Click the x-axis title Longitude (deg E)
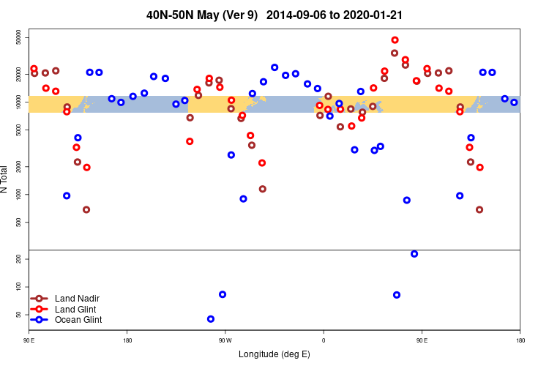pyautogui.click(x=274, y=354)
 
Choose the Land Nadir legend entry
pyautogui.click(x=77, y=299)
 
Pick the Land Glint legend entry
pyautogui.click(x=75, y=310)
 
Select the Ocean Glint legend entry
pyautogui.click(x=78, y=320)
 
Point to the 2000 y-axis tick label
pyautogui.click(x=20, y=167)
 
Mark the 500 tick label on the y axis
pyautogui.click(x=20, y=223)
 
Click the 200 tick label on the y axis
pyautogui.click(x=20, y=259)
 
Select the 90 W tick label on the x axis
pyautogui.click(x=225, y=340)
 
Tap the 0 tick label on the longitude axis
pyautogui.click(x=323, y=340)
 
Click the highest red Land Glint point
pyautogui.click(x=395, y=40)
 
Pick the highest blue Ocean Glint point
pyautogui.click(x=274, y=67)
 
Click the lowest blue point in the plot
pyautogui.click(x=211, y=319)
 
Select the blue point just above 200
pyautogui.click(x=414, y=254)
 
